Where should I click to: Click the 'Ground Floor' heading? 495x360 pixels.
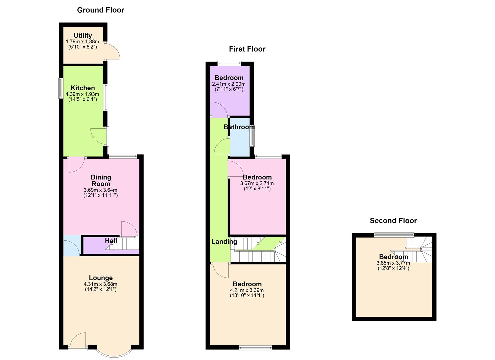pyautogui.click(x=100, y=10)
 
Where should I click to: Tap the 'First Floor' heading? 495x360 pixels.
pyautogui.click(x=247, y=49)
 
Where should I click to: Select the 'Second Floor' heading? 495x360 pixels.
pyautogui.click(x=393, y=221)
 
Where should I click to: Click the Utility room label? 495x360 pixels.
pyautogui.click(x=83, y=35)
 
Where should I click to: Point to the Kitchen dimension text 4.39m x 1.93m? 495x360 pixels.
pyautogui.click(x=83, y=94)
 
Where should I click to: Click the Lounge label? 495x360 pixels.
pyautogui.click(x=101, y=278)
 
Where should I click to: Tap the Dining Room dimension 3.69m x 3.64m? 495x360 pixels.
pyautogui.click(x=101, y=190)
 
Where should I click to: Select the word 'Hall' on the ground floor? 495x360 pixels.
pyautogui.click(x=111, y=241)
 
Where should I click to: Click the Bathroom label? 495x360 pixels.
pyautogui.click(x=239, y=127)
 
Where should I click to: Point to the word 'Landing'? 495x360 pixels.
pyautogui.click(x=224, y=242)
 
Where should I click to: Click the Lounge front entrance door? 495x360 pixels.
pyautogui.click(x=78, y=341)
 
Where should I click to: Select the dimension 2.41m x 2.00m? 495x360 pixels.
pyautogui.click(x=229, y=84)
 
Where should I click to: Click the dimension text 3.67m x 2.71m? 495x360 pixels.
pyautogui.click(x=257, y=183)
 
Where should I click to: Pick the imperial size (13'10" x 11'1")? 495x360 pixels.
pyautogui.click(x=247, y=295)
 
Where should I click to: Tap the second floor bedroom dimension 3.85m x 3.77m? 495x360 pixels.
pyautogui.click(x=393, y=263)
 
